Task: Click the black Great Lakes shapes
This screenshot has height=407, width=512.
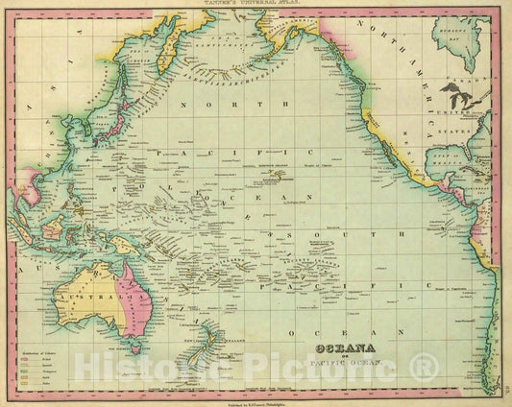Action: [448, 96]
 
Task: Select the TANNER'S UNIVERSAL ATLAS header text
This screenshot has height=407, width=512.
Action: [256, 5]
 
